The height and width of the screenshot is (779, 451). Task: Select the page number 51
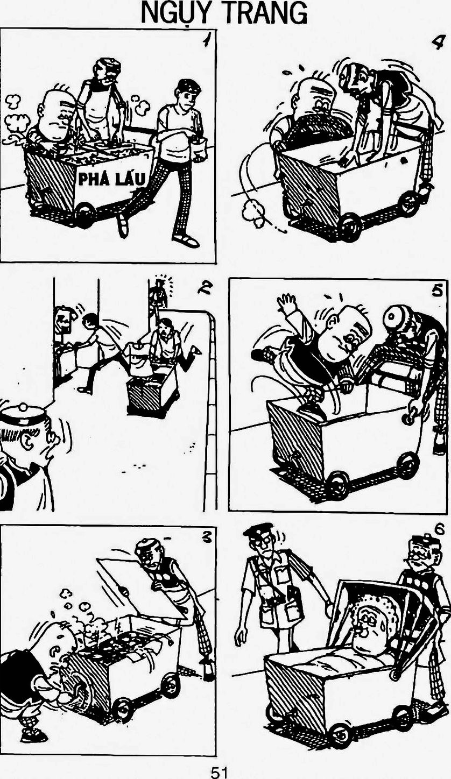[219, 772]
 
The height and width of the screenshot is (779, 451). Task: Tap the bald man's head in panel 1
[55, 115]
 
